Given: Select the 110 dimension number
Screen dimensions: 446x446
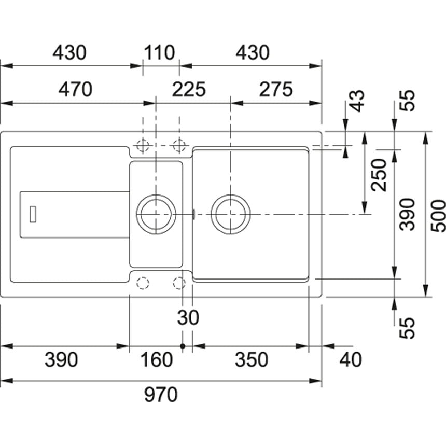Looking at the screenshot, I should click(x=160, y=52).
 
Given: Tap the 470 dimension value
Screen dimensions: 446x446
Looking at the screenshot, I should click(x=75, y=89).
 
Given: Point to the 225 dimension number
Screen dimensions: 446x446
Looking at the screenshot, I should click(x=189, y=89).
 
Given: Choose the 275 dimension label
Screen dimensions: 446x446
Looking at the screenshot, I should click(x=276, y=89).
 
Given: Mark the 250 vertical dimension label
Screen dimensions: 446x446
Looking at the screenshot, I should click(x=380, y=175).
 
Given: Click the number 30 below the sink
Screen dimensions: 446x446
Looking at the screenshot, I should click(x=188, y=318).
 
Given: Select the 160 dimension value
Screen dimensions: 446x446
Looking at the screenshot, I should click(x=156, y=359).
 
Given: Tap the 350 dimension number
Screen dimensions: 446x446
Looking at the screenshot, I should click(x=252, y=359).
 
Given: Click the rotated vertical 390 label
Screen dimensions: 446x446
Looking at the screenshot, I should click(x=409, y=214).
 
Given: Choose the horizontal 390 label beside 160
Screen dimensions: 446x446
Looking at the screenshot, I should click(x=61, y=359).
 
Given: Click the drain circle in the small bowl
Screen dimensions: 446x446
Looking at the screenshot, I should click(x=156, y=214).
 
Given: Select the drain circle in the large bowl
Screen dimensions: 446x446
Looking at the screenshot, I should click(x=231, y=214).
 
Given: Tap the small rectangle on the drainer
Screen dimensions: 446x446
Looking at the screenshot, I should click(x=33, y=214).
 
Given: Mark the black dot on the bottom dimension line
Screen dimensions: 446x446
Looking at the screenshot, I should click(x=183, y=345).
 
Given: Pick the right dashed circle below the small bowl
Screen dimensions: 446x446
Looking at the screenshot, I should click(x=179, y=283).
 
